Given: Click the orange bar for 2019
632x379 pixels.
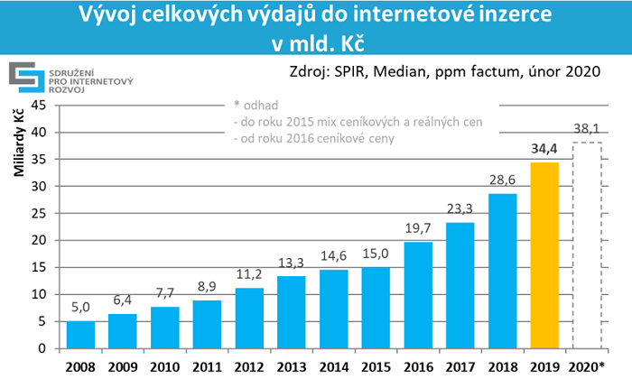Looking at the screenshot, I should pos(544,255).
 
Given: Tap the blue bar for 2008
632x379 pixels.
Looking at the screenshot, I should pos(80,335).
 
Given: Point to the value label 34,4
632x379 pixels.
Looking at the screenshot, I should pos(544,149).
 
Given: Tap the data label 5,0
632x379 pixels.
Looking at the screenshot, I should pos(80,308).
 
